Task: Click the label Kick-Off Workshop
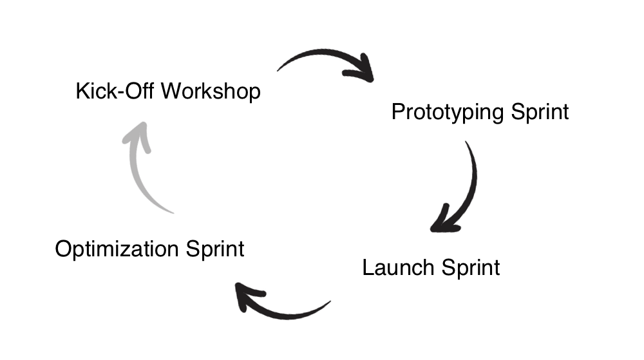click(x=168, y=91)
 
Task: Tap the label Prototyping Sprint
click(x=480, y=111)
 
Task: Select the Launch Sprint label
click(x=431, y=267)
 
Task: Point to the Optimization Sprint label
click(x=149, y=249)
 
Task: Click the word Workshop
click(x=211, y=91)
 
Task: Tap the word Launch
click(x=397, y=267)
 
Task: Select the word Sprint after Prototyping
click(x=540, y=111)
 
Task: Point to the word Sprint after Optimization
click(x=216, y=249)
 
